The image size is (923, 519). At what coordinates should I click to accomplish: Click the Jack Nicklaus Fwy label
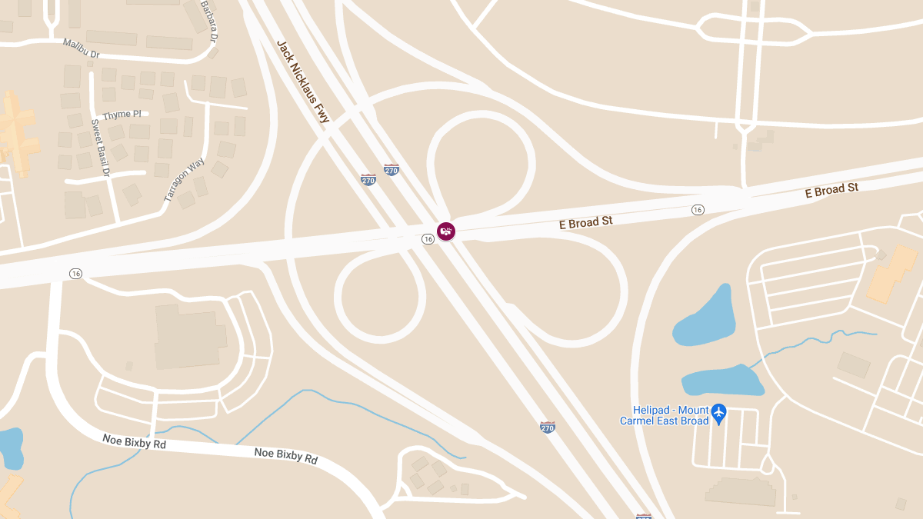click(302, 82)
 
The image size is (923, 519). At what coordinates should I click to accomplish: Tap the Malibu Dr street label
click(82, 48)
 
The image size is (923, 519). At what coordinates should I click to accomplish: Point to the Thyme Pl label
click(122, 115)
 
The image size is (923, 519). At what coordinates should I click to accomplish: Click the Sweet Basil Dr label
click(101, 147)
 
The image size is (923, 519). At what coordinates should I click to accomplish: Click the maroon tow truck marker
click(445, 231)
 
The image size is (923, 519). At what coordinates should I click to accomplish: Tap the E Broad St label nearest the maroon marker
click(586, 222)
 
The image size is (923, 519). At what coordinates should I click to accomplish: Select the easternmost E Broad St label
click(831, 190)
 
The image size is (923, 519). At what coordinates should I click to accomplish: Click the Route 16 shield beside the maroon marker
click(428, 239)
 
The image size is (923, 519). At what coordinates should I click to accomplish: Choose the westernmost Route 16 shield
click(75, 273)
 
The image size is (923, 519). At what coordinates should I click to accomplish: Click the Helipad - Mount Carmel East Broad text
click(664, 415)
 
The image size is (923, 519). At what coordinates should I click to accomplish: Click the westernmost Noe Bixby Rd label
click(134, 442)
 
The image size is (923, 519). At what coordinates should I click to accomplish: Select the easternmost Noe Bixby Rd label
click(286, 456)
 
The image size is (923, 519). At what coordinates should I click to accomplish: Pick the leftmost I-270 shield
click(368, 180)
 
